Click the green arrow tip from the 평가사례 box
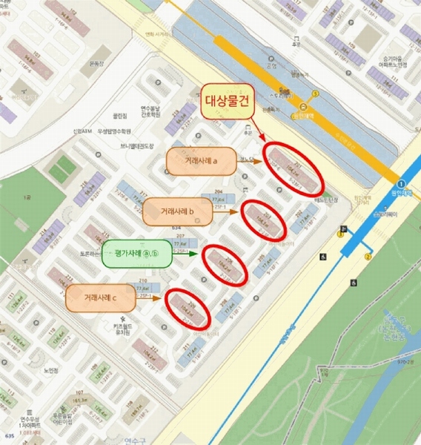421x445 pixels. pos(200,254)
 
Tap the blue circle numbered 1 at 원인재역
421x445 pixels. pos(401,183)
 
